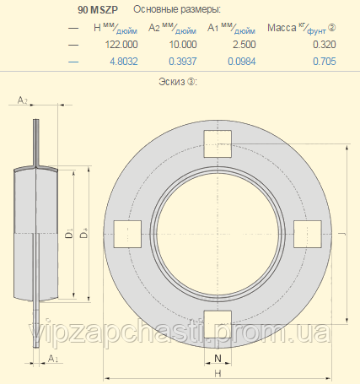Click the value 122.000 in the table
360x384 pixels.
[121, 45]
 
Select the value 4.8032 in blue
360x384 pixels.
[124, 62]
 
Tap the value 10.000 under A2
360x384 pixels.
[183, 45]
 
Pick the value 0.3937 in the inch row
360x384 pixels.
[183, 62]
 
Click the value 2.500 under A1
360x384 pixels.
[244, 45]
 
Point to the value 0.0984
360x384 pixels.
[242, 62]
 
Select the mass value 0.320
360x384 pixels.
[325, 45]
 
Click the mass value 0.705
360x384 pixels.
[325, 62]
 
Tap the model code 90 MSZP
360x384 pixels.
[98, 10]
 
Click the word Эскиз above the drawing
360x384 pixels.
[172, 82]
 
